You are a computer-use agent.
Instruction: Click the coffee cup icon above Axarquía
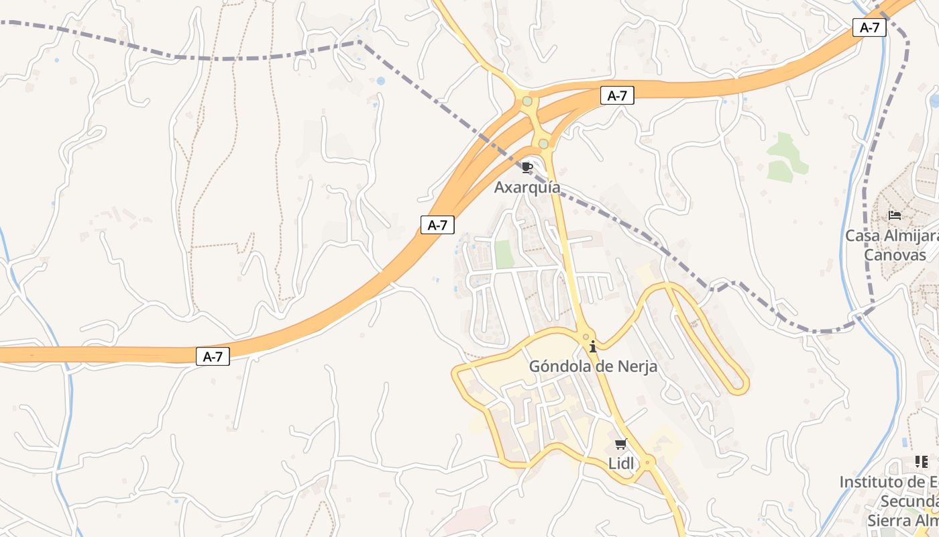pos(527,167)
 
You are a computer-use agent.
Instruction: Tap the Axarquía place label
pos(527,187)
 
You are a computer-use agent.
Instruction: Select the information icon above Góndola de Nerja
pos(593,347)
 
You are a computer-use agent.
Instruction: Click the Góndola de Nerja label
pos(593,367)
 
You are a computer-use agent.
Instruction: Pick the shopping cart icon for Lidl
pos(620,444)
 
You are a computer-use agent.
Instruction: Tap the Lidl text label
pos(620,463)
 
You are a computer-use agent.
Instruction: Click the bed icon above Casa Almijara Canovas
pos(895,215)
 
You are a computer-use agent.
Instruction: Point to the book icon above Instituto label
pos(922,462)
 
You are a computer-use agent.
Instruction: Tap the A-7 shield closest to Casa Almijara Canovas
pos(869,28)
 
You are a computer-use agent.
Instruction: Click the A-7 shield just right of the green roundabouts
pos(617,96)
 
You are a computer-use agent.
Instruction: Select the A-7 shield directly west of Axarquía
pos(437,226)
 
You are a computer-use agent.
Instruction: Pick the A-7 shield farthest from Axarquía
pos(213,357)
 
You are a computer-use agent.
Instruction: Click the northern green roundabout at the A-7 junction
pos(527,101)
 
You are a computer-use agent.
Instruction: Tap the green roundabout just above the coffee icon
pos(543,144)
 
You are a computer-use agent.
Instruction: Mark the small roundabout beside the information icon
pos(586,337)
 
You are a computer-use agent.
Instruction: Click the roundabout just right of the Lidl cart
pos(647,462)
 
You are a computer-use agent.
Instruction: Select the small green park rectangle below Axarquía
pos(504,254)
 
